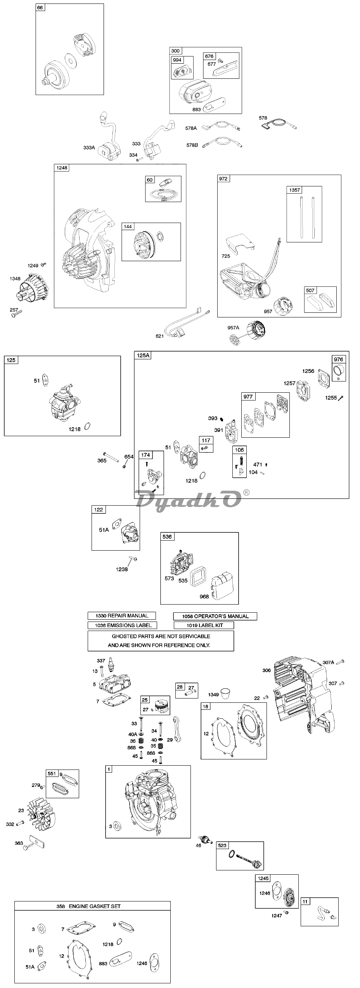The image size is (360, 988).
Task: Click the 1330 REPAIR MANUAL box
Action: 121,615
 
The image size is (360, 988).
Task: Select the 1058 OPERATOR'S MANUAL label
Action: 215,616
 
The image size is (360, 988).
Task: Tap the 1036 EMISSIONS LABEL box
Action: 122,625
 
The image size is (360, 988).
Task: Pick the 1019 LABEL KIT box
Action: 204,625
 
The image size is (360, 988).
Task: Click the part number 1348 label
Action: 15,278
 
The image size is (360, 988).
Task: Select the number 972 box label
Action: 223,179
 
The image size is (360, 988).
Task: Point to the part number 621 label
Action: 160,336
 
